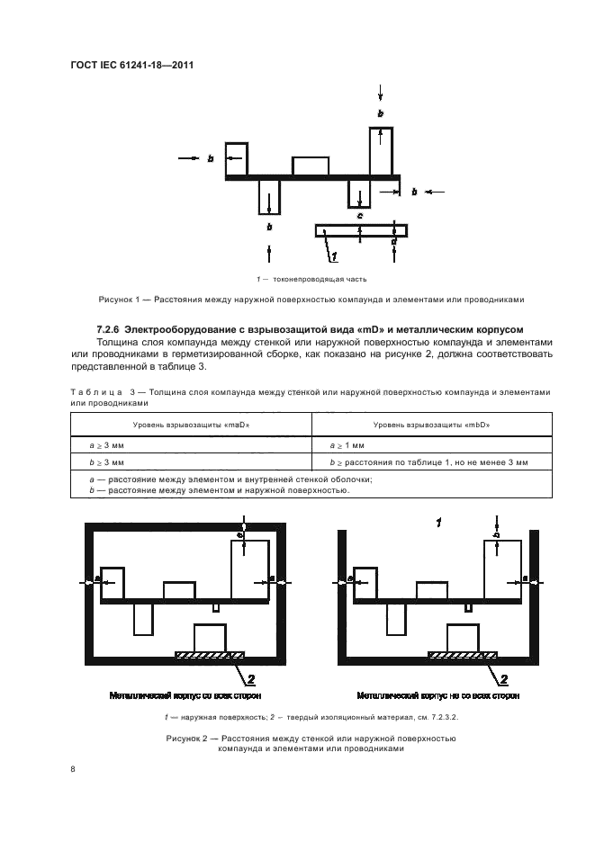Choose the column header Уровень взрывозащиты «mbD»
pos(431,423)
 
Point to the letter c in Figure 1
pos(359,216)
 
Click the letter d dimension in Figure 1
pos(394,242)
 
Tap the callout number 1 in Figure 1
pos(333,257)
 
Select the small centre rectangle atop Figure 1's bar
pos(310,166)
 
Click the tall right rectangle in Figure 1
pos(382,151)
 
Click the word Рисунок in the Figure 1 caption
pos(116,300)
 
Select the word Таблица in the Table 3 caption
pos(95,393)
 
